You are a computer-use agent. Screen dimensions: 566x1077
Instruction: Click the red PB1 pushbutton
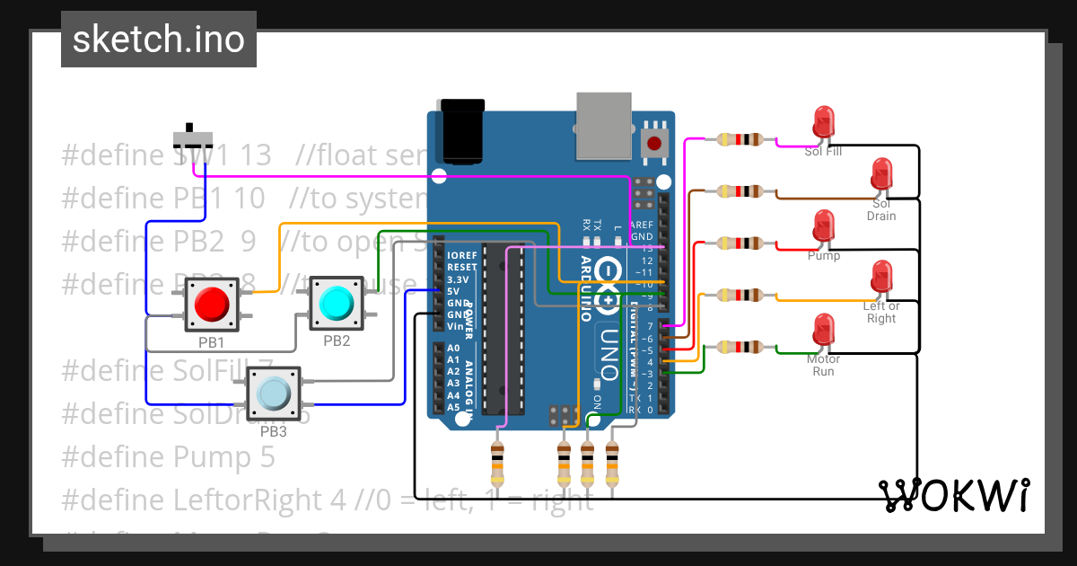[x=211, y=305]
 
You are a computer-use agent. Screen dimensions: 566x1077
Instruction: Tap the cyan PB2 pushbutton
[x=336, y=303]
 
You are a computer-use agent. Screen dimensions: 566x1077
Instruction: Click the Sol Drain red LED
[x=881, y=173]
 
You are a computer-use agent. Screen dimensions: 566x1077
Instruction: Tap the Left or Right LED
[x=881, y=276]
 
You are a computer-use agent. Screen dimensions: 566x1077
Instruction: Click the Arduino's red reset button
[x=656, y=142]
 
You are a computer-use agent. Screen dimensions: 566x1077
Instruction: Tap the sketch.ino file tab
[x=159, y=40]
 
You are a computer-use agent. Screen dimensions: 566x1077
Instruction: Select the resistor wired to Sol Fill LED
[x=740, y=139]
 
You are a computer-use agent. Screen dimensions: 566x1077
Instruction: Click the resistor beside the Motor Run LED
[x=740, y=347]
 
